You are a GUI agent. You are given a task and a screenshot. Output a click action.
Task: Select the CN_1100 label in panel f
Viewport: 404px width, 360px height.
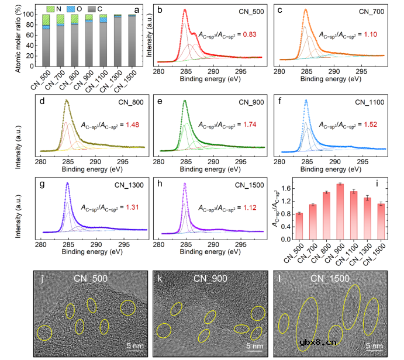pyautogui.click(x=371, y=102)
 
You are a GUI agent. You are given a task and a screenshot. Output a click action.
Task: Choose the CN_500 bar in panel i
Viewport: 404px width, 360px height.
pyautogui.click(x=299, y=226)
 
